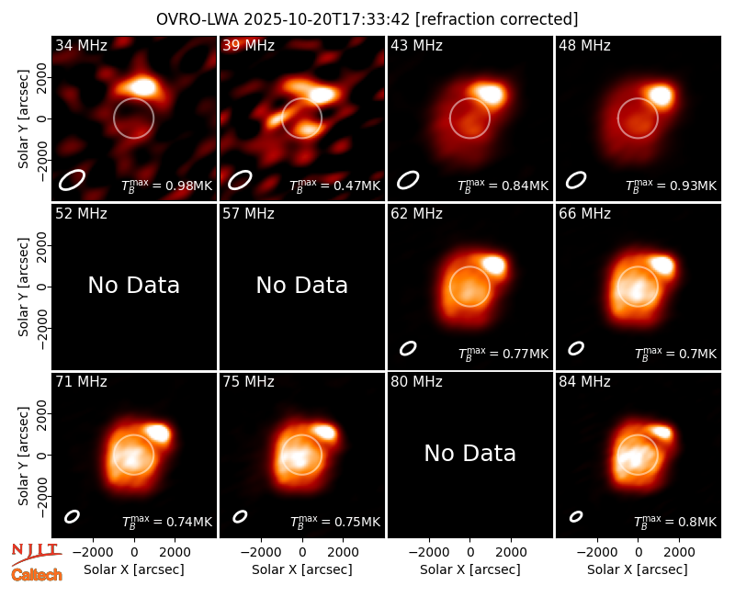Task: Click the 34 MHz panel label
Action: coord(81,45)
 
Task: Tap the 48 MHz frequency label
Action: coord(584,45)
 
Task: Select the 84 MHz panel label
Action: coord(584,382)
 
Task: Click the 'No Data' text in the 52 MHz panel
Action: coord(133,285)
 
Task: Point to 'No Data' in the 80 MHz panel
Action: coord(469,453)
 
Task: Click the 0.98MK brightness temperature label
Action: coord(167,186)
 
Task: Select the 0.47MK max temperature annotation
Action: coord(334,186)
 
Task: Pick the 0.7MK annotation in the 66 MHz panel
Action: coord(675,354)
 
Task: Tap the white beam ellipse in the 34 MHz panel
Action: coord(72,180)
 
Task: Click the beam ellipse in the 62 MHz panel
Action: coord(408,348)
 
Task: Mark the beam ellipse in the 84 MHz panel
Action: coord(576,516)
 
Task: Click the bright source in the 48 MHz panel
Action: coord(661,96)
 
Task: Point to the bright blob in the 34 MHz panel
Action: coord(142,86)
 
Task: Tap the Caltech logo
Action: coord(37,575)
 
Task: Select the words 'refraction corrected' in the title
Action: coord(497,19)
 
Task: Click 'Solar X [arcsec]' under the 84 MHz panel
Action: coord(638,569)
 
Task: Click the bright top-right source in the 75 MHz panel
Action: coord(324,431)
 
